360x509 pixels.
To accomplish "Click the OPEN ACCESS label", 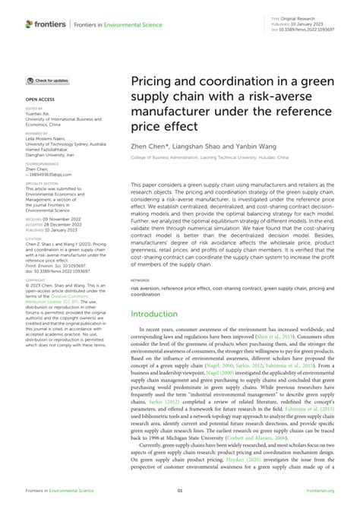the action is [x=40, y=99].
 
